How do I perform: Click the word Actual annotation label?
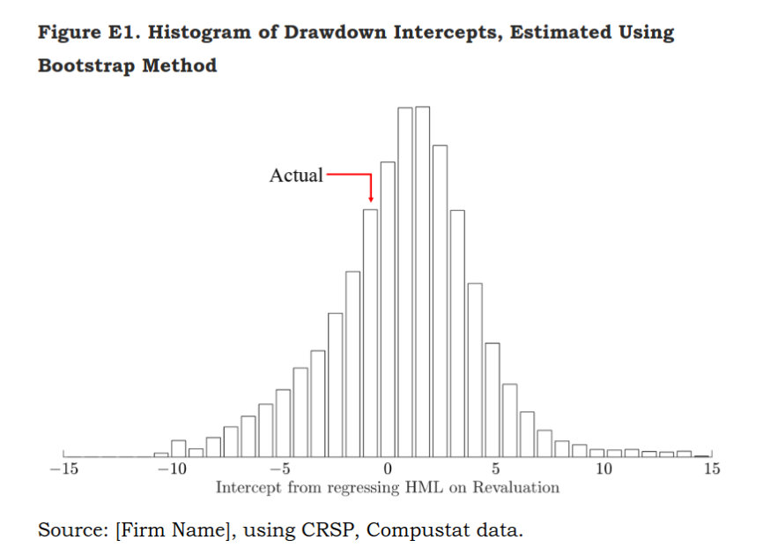296,176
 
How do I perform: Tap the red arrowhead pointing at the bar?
371,199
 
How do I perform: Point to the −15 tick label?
63,469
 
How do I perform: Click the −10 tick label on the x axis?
171,469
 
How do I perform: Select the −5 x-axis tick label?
279,469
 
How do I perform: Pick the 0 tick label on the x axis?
388,469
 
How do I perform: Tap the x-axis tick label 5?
496,469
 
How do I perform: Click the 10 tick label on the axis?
604,469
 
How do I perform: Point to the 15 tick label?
712,469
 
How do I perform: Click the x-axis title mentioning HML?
388,487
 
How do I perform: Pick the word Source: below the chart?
72,530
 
